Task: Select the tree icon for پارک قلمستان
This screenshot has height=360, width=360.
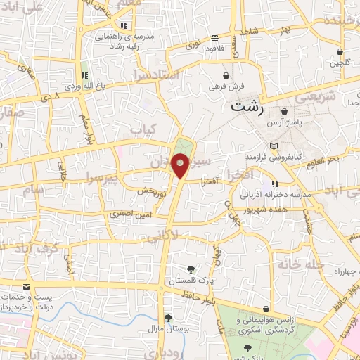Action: point(191,269)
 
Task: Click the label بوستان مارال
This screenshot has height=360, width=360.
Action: point(167,329)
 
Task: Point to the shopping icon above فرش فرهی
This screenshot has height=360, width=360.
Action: point(226,75)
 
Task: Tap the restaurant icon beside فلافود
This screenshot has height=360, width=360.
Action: point(214,38)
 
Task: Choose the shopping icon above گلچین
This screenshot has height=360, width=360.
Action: point(340,51)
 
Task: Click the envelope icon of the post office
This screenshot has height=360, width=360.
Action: point(26,287)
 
